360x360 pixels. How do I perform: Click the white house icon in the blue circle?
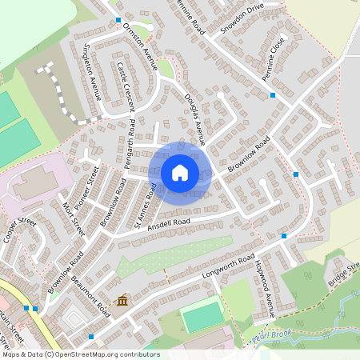[180, 172]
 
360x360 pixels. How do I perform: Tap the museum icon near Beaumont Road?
[122, 300]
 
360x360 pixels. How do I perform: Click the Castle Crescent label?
[126, 86]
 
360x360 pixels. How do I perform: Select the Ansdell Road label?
[168, 222]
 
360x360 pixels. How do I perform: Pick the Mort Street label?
[74, 218]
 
